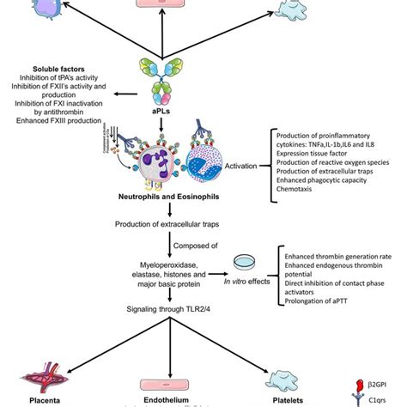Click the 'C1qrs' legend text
pyautogui.click(x=383, y=399)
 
